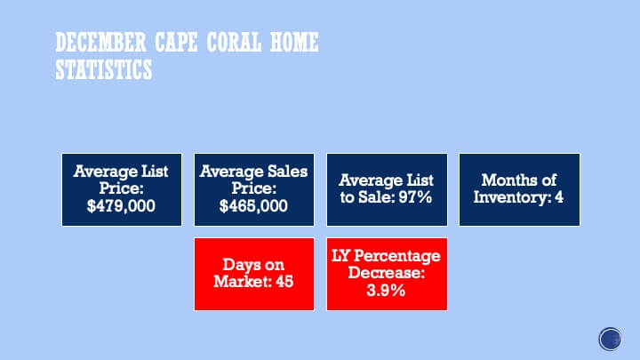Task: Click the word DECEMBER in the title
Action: point(100,43)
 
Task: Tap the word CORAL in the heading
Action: point(234,43)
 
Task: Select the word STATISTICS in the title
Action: point(104,69)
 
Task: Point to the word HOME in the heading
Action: point(294,43)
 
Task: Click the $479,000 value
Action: point(121,206)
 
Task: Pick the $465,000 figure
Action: point(253,206)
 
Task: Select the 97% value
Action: point(415,197)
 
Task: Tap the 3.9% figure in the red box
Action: point(386,290)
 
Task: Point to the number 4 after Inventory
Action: point(559,197)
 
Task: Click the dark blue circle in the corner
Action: point(610,339)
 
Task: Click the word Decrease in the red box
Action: point(384,272)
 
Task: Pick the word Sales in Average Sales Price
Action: point(287,172)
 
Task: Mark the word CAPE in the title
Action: point(176,43)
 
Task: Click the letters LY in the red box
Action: point(340,256)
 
